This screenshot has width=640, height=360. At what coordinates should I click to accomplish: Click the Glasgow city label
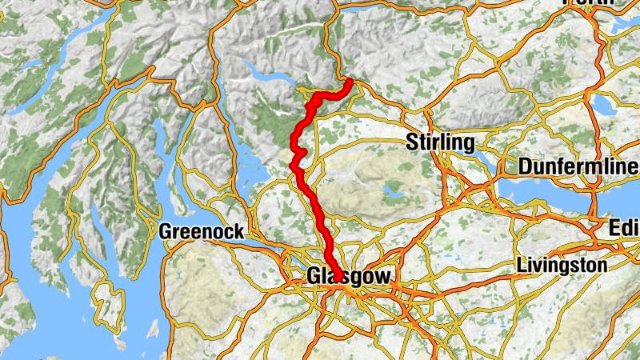click(349, 276)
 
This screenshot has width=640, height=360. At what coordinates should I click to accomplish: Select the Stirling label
click(440, 143)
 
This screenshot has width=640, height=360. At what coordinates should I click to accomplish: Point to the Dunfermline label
click(578, 167)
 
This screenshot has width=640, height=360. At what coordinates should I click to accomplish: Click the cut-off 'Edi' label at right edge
click(623, 230)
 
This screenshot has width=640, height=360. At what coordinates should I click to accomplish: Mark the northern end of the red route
click(350, 82)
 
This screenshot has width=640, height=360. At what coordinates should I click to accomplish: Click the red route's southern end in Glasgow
click(338, 278)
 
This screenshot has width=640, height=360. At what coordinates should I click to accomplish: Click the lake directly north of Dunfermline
click(602, 105)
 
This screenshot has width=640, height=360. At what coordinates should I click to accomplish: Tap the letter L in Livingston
click(522, 264)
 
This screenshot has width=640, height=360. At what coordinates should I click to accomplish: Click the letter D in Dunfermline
click(525, 167)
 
